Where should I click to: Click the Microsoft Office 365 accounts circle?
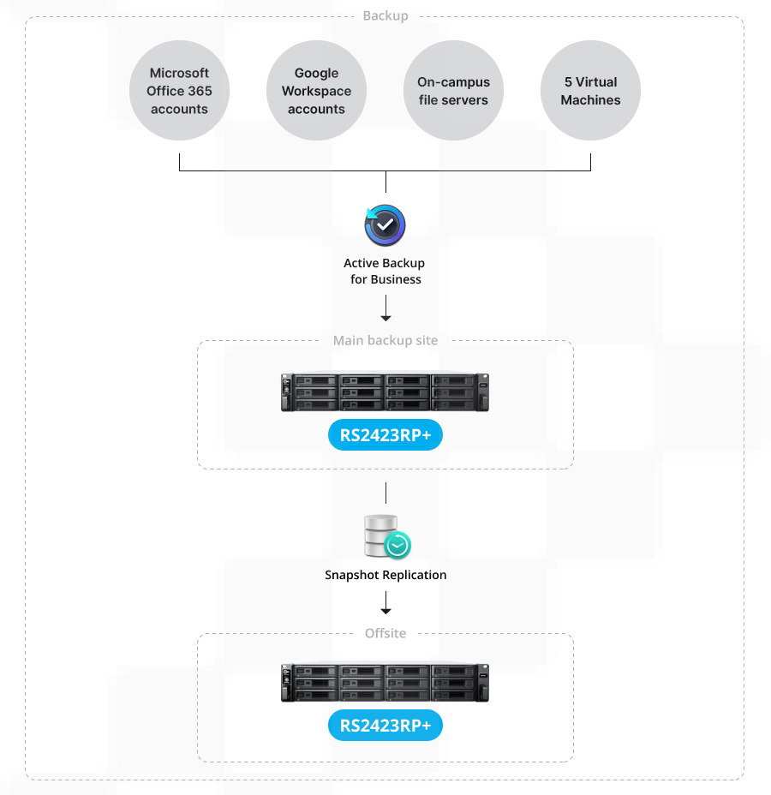(179, 91)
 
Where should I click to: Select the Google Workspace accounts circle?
(316, 91)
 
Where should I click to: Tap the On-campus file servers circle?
(453, 91)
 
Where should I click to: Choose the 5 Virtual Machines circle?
(590, 91)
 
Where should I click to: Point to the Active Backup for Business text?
(385, 271)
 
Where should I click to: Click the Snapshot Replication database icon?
(382, 535)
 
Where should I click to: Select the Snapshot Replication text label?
(385, 575)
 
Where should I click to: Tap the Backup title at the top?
(385, 16)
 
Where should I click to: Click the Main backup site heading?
(385, 340)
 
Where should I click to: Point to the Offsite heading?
(385, 633)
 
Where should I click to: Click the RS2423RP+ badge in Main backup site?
(385, 435)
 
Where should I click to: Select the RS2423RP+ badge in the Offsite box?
(385, 726)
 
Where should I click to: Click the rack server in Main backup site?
(385, 392)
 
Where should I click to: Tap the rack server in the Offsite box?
(385, 683)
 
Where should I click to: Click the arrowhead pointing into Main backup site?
(385, 318)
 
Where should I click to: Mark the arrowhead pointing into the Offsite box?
(385, 610)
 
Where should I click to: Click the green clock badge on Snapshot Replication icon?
(397, 546)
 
